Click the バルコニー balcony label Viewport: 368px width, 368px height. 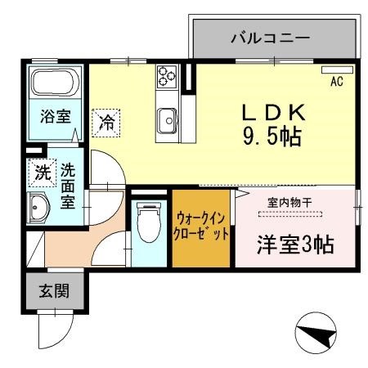[x=269, y=38]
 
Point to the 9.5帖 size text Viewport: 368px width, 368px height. [x=272, y=137]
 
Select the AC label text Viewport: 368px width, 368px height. [x=335, y=82]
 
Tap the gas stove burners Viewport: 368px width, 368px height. [x=168, y=76]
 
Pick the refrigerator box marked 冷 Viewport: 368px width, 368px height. [x=106, y=123]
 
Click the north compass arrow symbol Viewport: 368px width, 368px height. [x=316, y=334]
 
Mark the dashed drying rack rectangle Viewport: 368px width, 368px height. [x=291, y=214]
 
